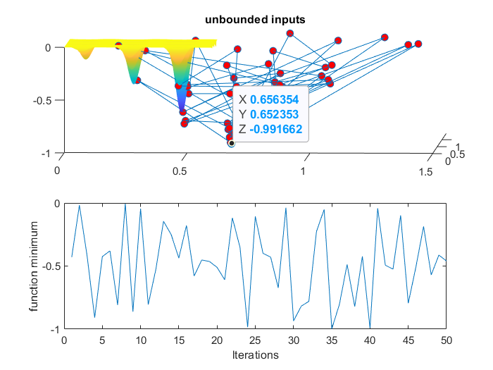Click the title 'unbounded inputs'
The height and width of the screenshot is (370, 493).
point(255,20)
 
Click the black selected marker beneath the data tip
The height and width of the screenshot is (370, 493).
point(231,143)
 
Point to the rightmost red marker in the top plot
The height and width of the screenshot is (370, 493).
point(418,44)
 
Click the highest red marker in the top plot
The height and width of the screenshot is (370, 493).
point(290,33)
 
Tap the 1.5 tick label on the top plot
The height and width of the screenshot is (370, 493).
point(425,171)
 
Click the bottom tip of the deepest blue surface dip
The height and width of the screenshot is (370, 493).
point(182,109)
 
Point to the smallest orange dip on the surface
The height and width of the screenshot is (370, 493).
point(86,56)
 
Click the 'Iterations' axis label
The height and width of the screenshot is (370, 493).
point(255,354)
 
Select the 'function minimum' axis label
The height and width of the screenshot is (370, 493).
point(33,266)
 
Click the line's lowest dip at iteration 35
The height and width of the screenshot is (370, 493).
point(332,328)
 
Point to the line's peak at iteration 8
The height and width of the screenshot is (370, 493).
point(125,204)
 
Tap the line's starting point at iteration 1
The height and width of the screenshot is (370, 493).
point(72,257)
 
